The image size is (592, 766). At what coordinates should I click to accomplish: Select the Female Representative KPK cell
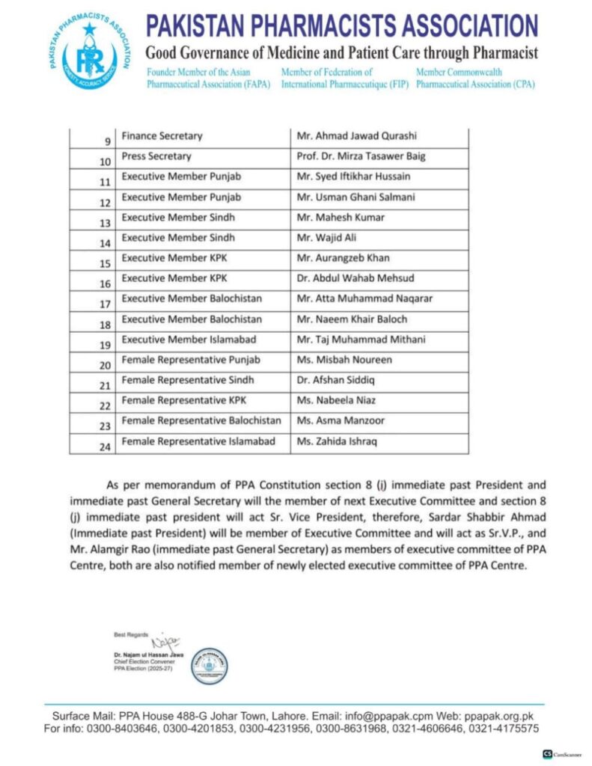pos(178,400)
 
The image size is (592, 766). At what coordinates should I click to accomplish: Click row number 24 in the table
pos(106,447)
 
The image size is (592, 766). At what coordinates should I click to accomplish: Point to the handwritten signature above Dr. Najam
pos(165,641)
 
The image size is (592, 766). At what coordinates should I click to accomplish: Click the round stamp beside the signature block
pos(210,665)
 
